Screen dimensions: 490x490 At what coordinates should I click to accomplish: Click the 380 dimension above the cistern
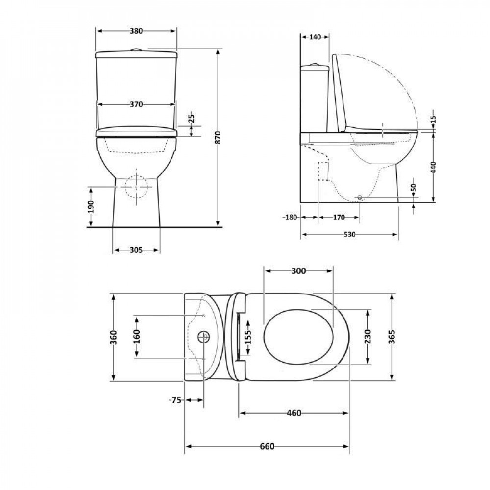coord(136,31)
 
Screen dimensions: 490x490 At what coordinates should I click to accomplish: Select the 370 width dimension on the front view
coord(136,104)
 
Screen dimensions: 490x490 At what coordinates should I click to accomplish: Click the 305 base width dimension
coord(136,250)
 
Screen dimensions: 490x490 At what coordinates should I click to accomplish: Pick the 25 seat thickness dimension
coord(192,118)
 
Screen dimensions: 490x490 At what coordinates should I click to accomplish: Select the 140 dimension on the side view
coord(314,37)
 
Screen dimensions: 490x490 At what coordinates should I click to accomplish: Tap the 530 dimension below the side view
coord(349,234)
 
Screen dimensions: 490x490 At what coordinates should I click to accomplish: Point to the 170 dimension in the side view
coord(339,217)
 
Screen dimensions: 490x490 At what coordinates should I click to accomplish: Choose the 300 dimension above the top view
coord(298,270)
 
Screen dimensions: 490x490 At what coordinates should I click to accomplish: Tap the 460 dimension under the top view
coord(294,413)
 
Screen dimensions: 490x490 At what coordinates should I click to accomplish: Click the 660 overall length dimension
coord(267,446)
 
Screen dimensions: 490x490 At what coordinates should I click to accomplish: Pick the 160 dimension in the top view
coord(137,336)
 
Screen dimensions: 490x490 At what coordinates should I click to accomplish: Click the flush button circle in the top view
coord(203,337)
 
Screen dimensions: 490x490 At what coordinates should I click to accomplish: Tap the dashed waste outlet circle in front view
coord(136,187)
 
